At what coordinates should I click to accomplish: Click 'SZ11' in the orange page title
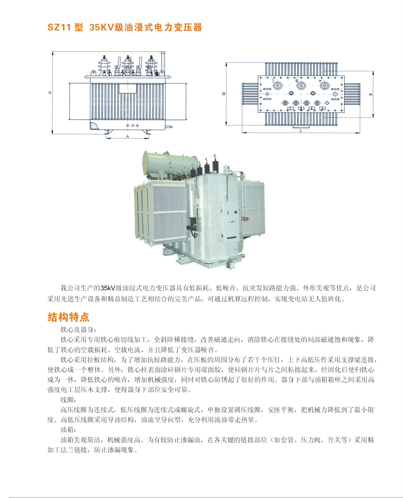[x=59, y=27]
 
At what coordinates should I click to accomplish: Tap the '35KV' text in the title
[x=101, y=27]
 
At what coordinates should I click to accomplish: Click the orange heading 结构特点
[x=68, y=317]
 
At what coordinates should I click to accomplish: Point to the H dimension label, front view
[x=50, y=93]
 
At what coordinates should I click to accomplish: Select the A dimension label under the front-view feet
[x=128, y=136]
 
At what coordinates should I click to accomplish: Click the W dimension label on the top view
[x=224, y=94]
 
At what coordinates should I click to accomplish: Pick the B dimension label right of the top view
[x=371, y=95]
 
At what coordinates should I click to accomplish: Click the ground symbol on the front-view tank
[x=137, y=126]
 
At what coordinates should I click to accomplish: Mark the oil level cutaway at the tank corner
[x=95, y=125]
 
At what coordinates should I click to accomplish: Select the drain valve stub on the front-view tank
[x=169, y=127]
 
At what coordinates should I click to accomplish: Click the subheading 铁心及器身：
[x=78, y=330]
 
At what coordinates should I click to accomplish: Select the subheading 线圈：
[x=68, y=400]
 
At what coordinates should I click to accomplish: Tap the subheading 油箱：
[x=68, y=430]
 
